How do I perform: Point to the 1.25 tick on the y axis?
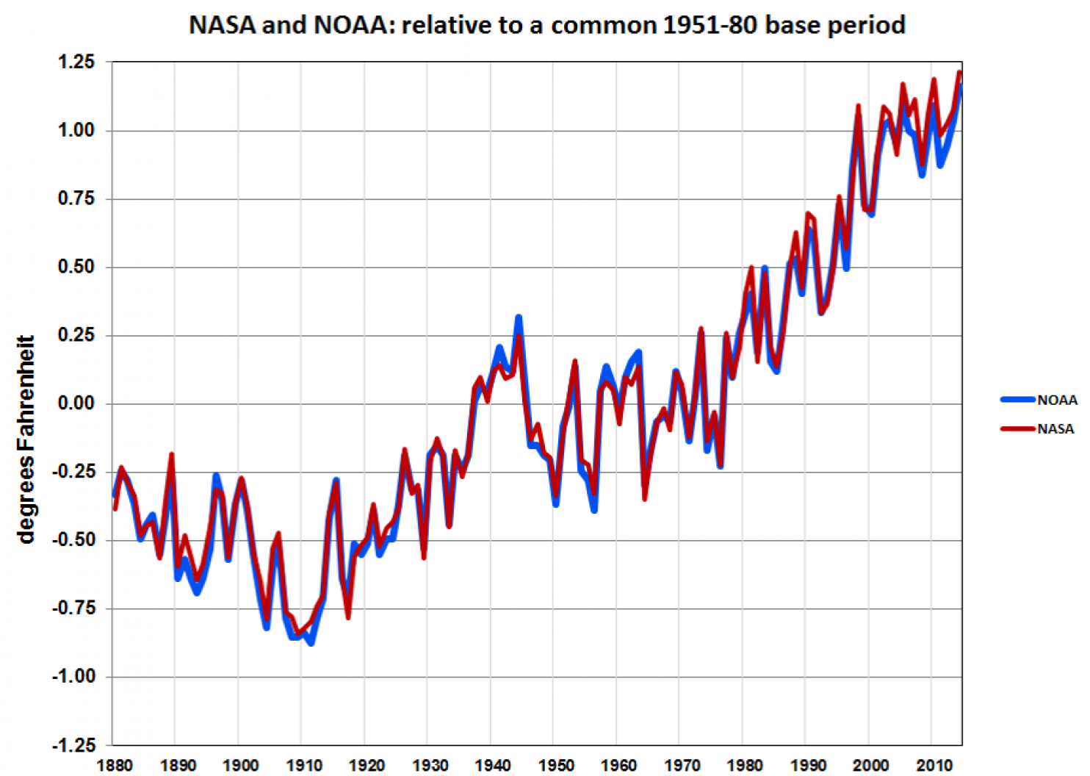coord(76,62)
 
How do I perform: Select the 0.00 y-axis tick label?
coord(76,403)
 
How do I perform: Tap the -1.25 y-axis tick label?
coord(73,745)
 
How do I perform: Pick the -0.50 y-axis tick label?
coord(73,540)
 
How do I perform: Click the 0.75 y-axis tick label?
coord(76,198)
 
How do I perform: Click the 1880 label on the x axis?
coord(115,766)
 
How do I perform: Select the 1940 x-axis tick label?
coord(492,766)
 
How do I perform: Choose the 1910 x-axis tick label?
coord(303,766)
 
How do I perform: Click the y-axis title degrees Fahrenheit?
coord(26,439)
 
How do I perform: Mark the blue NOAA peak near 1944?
coord(519,317)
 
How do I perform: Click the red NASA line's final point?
coord(959,73)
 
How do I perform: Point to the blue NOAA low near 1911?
coord(311,644)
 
